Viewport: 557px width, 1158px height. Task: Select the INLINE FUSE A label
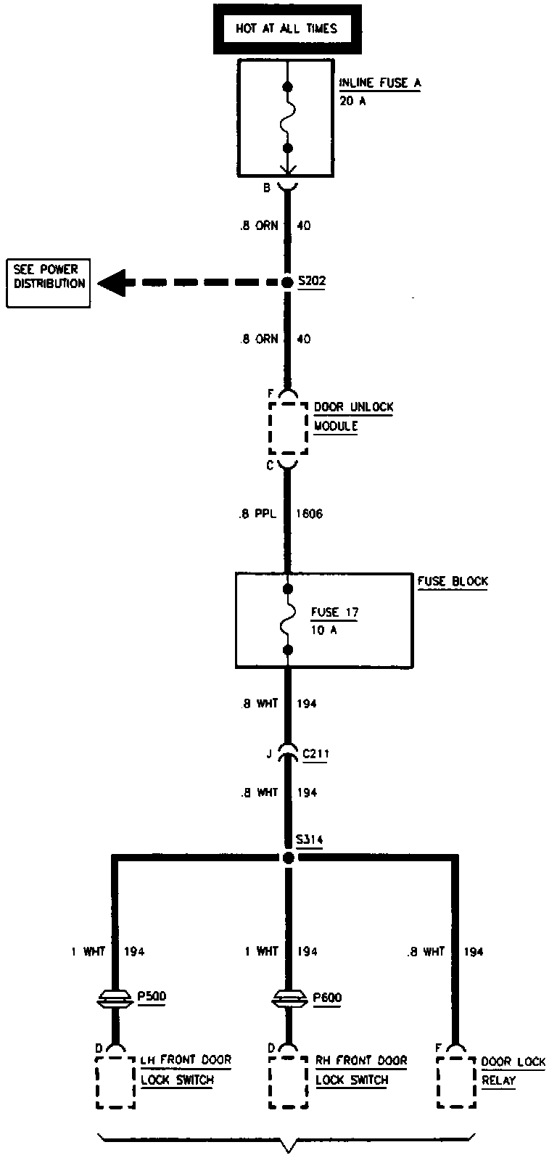pos(379,83)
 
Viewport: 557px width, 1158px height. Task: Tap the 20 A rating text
pos(352,101)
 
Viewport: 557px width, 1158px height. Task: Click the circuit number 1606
pos(310,514)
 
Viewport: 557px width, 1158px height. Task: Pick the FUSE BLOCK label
pos(453,581)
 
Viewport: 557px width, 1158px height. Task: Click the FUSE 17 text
pos(334,612)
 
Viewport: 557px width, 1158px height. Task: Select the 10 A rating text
pos(324,630)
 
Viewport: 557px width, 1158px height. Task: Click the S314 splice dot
pos(288,858)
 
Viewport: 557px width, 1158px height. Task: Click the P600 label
pos(328,997)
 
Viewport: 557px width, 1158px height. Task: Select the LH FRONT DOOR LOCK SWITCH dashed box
pos(116,1082)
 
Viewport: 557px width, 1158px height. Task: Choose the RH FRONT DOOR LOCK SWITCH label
pos(361,1069)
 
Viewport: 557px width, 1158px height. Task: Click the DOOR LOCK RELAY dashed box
pos(458,1082)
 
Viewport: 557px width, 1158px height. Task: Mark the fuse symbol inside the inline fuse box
pos(288,117)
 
